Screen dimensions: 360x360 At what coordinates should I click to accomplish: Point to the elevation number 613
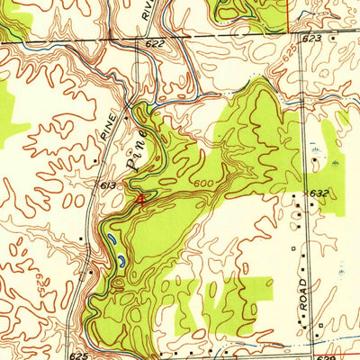(x=109, y=184)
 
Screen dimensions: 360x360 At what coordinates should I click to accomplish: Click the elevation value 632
(x=320, y=193)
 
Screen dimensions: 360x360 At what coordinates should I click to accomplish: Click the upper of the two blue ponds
(x=110, y=240)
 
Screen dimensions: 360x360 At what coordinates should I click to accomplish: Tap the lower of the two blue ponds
(x=119, y=261)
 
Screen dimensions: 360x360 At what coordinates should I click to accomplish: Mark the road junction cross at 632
(x=303, y=200)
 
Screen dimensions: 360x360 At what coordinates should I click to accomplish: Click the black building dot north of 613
(x=95, y=161)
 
